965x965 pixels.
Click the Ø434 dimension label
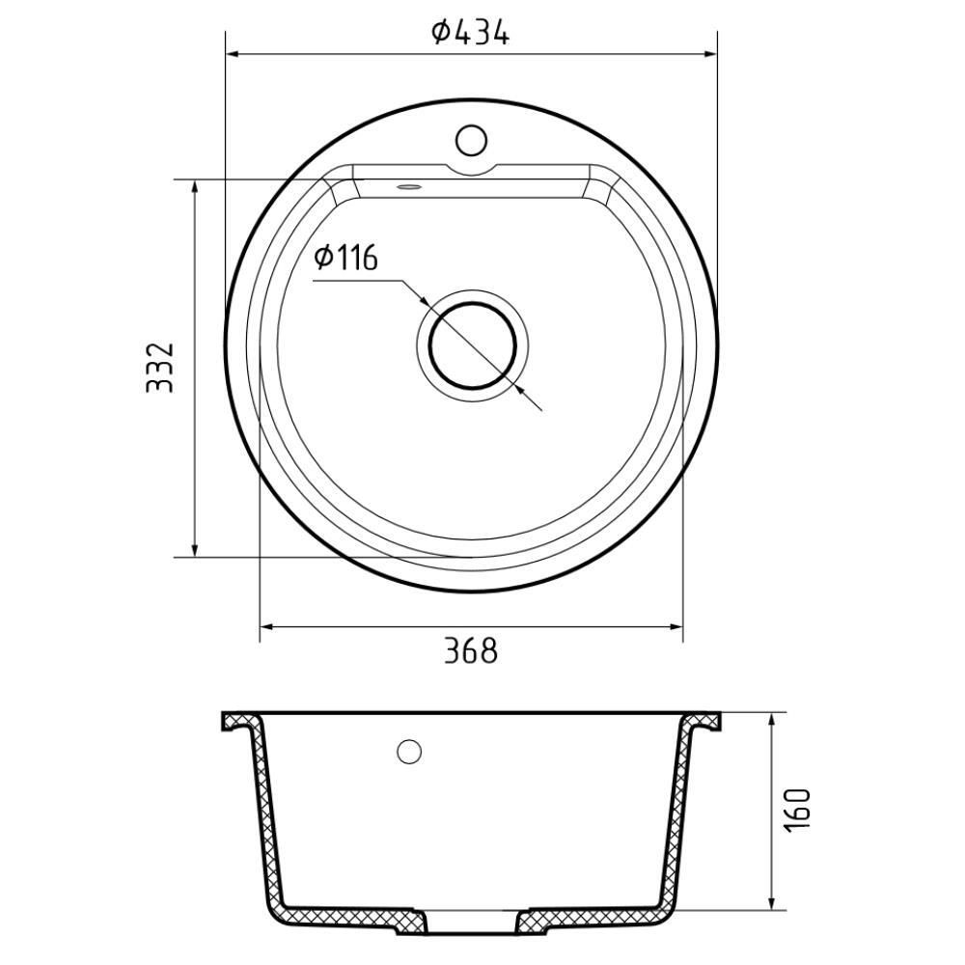(x=470, y=32)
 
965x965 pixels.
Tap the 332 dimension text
(x=160, y=368)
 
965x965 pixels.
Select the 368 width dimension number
(x=471, y=651)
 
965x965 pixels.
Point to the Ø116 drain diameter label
(x=345, y=258)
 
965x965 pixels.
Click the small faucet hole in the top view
(x=472, y=140)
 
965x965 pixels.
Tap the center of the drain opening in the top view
(x=472, y=345)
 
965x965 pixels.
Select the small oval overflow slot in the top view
(x=408, y=186)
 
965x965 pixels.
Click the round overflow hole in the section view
(x=409, y=752)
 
